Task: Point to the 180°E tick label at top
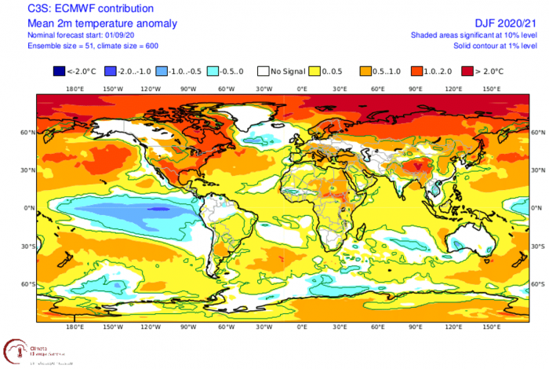click(x=75, y=88)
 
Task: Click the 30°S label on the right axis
click(x=539, y=246)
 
